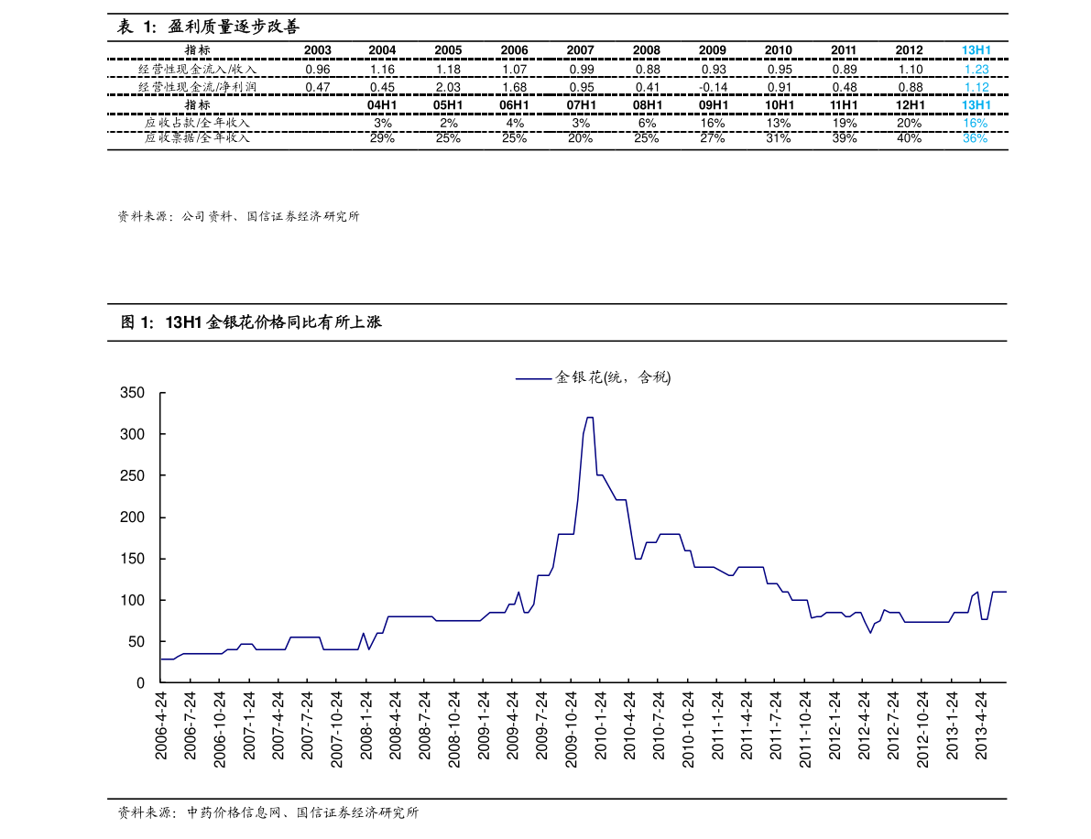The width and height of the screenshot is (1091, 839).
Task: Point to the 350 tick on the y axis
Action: [133, 393]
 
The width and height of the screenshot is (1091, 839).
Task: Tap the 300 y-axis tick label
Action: [133, 434]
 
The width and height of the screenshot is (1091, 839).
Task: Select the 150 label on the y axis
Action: [133, 559]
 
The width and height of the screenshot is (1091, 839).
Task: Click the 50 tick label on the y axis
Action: [136, 641]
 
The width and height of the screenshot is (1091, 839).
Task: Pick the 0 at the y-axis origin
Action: [140, 683]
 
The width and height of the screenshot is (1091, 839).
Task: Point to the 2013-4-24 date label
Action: [981, 725]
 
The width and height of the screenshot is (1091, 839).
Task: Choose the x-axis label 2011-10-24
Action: [805, 731]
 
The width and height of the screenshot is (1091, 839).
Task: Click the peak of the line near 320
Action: [589, 418]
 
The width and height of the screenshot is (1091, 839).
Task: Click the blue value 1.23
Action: [976, 69]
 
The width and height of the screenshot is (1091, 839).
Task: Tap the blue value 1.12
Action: [976, 87]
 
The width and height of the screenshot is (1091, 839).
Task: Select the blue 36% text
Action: [975, 139]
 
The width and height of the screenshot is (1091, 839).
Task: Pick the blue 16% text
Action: [975, 123]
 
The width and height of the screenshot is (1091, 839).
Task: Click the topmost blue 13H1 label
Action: [976, 51]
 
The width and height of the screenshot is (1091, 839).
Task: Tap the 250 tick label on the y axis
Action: [133, 476]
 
